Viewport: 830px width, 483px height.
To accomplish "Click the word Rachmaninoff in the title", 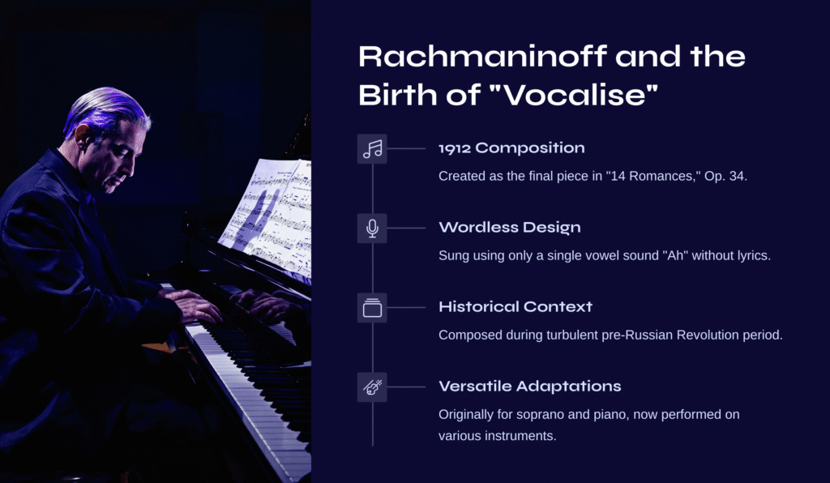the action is pyautogui.click(x=482, y=56).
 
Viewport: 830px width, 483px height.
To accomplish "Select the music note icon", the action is pyautogui.click(x=372, y=148).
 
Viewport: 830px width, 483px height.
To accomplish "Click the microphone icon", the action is pyautogui.click(x=372, y=228).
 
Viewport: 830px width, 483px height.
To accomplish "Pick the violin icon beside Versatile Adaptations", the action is pyautogui.click(x=372, y=387).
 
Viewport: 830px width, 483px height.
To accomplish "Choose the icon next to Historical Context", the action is pyautogui.click(x=372, y=307).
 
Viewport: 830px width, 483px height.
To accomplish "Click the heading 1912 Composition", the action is pyautogui.click(x=512, y=148).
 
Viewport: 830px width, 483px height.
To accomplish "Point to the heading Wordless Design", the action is pyautogui.click(x=510, y=228).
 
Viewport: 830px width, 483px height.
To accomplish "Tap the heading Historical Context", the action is pyautogui.click(x=516, y=307).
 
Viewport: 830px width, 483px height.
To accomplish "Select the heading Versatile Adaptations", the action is pyautogui.click(x=530, y=387).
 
